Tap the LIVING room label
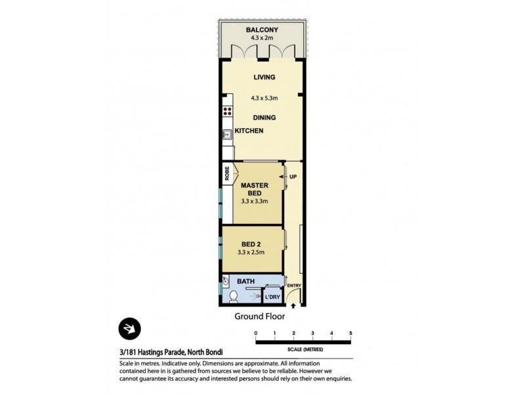click(264, 77)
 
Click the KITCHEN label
click(249, 131)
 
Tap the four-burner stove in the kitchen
click(228, 112)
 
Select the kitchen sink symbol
click(227, 134)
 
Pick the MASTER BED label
click(255, 190)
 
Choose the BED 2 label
click(251, 244)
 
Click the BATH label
click(245, 282)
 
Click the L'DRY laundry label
click(272, 297)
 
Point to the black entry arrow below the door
click(293, 306)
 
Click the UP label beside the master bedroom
click(293, 177)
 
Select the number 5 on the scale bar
click(351, 334)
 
